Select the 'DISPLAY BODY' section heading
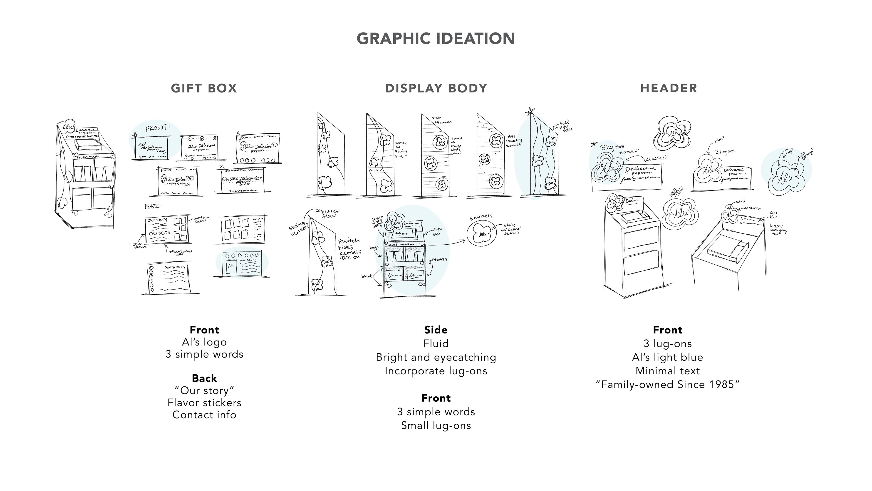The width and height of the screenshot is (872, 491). coord(436,88)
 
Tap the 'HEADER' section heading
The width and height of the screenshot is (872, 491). coord(669,88)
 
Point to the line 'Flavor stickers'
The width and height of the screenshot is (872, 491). coord(204,403)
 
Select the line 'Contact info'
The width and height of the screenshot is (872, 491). coord(204,415)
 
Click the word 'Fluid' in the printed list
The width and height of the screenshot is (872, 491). coord(436,344)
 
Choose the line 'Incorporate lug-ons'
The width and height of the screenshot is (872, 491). coord(436,371)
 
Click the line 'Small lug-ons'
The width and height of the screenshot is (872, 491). coord(436,425)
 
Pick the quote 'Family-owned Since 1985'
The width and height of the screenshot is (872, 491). coord(668,385)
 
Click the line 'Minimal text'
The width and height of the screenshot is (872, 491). coord(668,371)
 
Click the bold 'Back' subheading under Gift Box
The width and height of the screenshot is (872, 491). coord(204,378)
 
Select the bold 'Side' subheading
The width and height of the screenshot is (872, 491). coord(436,330)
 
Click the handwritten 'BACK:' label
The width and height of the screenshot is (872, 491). coord(152,206)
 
